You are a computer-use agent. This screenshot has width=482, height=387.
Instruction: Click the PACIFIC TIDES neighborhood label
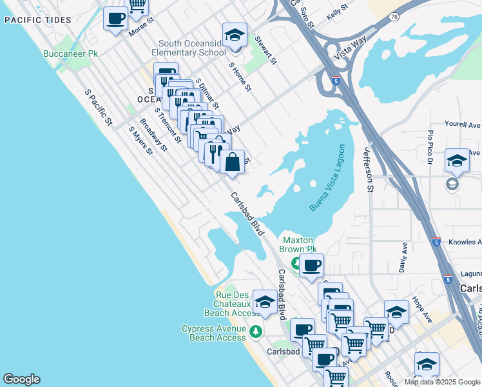[x=37, y=20]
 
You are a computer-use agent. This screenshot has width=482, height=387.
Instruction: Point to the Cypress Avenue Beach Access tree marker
[x=256, y=332]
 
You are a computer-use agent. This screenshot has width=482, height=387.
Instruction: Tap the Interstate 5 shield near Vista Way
[x=336, y=81]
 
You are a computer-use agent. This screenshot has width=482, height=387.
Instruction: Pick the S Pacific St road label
[x=99, y=106]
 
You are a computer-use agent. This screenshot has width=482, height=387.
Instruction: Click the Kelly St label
[x=336, y=8]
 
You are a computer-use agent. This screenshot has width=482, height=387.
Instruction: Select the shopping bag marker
[x=233, y=161]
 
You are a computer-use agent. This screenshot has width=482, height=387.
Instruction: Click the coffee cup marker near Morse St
[x=115, y=18]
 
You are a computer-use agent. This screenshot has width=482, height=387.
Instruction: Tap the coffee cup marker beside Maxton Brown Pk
[x=311, y=264]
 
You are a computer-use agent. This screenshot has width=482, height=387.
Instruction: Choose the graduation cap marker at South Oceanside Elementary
[x=235, y=35]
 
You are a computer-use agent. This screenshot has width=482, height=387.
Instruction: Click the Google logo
[x=21, y=379]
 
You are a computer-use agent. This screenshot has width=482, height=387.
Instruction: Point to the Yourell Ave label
[x=463, y=124]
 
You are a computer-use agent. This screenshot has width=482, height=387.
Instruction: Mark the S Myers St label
[x=140, y=140]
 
